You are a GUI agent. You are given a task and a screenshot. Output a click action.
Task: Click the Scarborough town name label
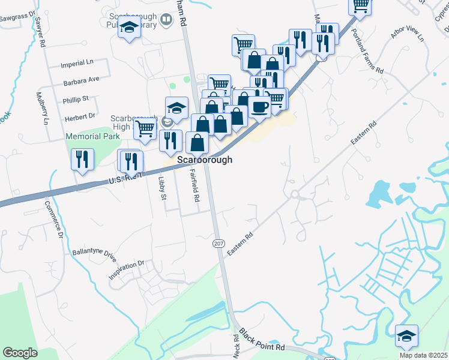pos(205,161)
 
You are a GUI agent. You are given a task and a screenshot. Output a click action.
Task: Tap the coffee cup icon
pos(259,107)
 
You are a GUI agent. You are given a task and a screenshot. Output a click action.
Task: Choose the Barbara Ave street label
pos(80,80)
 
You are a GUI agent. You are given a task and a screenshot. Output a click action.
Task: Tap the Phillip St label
pos(76,98)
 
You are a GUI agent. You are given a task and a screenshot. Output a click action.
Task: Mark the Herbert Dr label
pos(80,116)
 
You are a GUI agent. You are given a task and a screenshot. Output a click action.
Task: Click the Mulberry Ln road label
pos(43,108)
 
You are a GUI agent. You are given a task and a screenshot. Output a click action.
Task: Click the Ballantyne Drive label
pos(93,255)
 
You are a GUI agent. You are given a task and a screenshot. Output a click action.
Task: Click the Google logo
pos(20,352)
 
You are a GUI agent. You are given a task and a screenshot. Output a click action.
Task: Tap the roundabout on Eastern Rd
pos(295,194)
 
